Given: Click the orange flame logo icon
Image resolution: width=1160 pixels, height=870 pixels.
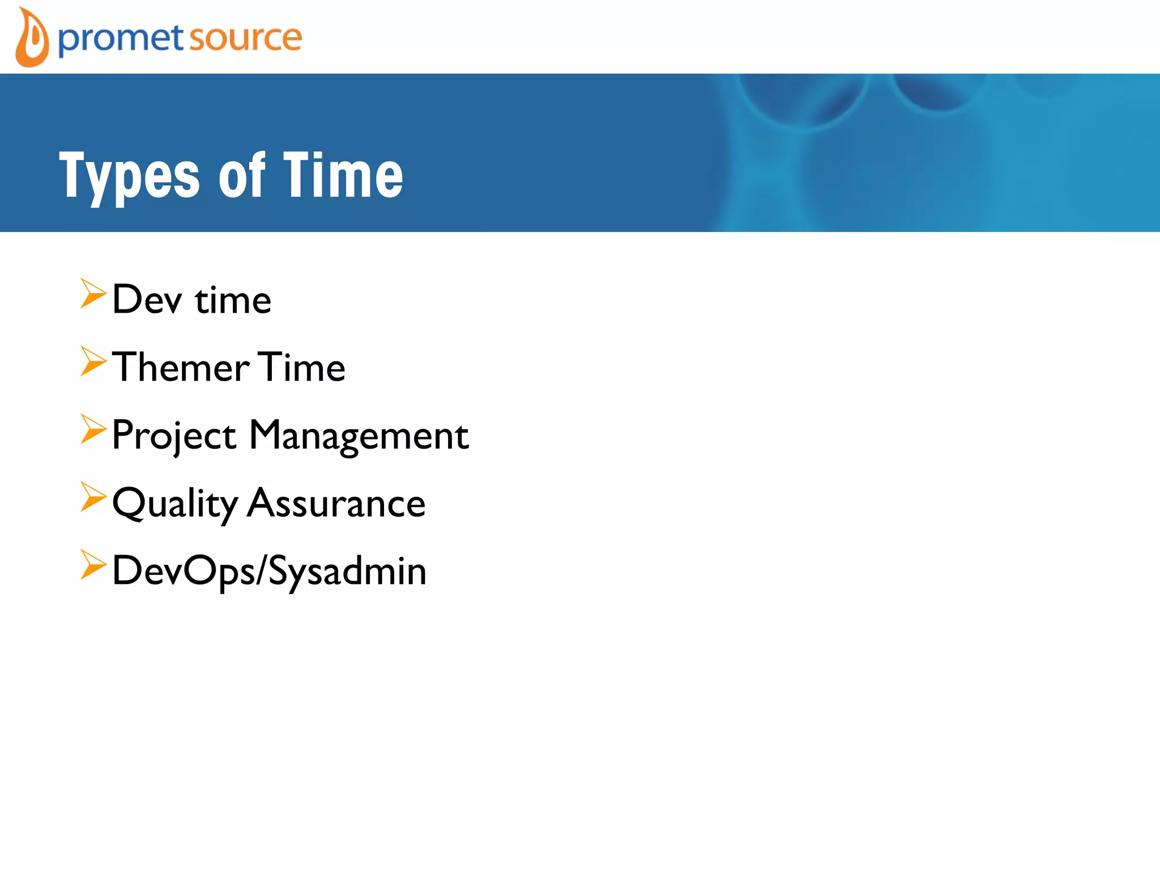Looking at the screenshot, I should click(x=32, y=39).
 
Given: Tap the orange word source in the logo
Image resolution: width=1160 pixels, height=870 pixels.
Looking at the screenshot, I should click(x=245, y=39).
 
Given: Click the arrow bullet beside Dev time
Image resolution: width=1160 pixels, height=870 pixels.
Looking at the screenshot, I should click(x=92, y=293).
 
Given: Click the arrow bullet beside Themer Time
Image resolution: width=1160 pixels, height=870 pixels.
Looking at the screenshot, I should click(x=92, y=361).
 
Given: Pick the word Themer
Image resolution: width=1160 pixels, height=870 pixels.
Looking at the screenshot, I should click(x=181, y=367).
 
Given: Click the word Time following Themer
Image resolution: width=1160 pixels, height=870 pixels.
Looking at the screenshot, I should click(x=302, y=367).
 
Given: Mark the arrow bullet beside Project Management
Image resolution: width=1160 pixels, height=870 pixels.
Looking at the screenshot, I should click(x=92, y=429).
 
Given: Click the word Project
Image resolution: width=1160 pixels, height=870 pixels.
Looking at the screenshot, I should click(x=174, y=436).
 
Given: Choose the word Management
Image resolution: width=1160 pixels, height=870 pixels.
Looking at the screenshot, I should click(x=359, y=436).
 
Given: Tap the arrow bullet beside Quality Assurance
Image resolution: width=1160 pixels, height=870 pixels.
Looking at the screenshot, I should click(x=92, y=497).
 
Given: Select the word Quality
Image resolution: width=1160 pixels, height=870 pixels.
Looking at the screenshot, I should click(x=175, y=504).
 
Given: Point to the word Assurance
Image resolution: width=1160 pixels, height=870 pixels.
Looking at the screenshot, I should click(x=336, y=503).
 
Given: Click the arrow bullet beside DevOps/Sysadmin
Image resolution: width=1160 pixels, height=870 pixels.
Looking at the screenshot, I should click(x=92, y=565).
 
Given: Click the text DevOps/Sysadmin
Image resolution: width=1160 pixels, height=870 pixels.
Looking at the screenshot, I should click(x=269, y=571).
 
